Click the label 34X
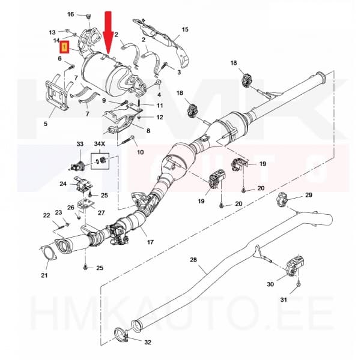pos(99,145)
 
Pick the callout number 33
pos(79,145)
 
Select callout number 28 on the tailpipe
pos(193,259)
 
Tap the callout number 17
pos(150,243)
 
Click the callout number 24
pos(62,184)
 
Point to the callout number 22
pos(46,215)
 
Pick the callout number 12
pos(160,117)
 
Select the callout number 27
pos(101,212)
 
